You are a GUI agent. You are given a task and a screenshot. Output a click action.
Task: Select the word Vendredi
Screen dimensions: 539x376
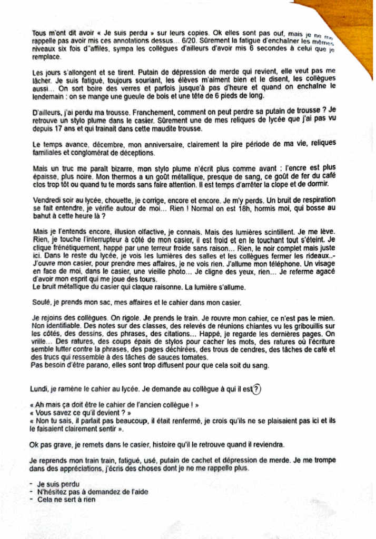48,201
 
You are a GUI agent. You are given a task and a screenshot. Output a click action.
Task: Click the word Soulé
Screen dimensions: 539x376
41,303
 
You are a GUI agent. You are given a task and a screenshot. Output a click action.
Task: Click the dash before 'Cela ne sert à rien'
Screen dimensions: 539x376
33,500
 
